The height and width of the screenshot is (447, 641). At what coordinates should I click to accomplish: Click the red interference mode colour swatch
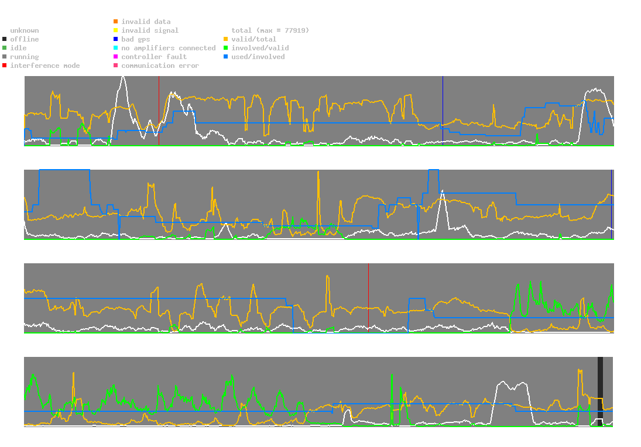click(5, 66)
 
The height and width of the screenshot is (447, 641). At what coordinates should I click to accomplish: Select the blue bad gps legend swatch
click(116, 39)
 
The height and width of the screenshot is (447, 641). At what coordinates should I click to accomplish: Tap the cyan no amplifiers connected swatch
click(116, 48)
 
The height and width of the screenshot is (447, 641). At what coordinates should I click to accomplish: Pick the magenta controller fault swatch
click(116, 57)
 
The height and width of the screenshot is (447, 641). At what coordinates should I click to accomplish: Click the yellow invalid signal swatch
click(116, 30)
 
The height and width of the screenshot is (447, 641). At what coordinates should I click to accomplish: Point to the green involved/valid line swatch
click(226, 48)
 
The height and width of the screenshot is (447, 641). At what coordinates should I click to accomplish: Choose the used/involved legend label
click(258, 57)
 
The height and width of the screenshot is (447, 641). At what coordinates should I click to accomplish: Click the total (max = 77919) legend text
click(270, 30)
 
